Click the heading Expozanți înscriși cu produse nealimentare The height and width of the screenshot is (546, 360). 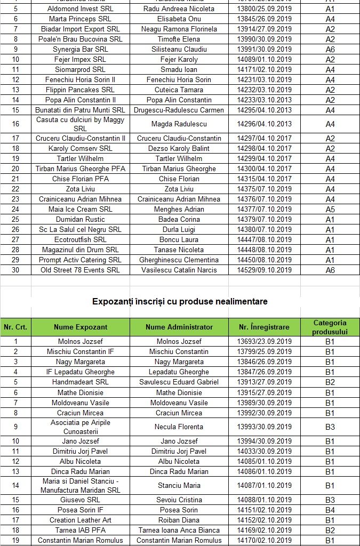(180, 301)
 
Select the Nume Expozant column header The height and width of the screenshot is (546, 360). (81, 327)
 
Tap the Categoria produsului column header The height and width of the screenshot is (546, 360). (330, 327)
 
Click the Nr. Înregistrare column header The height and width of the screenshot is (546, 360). (264, 327)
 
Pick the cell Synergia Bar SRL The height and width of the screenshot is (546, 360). (81, 49)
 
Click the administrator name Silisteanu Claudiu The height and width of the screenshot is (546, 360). (179, 49)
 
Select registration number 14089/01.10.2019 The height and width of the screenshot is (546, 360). (264, 59)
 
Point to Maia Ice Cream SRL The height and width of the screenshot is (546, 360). (81, 209)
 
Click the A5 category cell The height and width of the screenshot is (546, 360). (330, 209)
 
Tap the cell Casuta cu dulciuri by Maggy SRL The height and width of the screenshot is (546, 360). (81, 124)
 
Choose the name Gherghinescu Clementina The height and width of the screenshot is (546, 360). (179, 260)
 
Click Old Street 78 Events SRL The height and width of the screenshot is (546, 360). (81, 270)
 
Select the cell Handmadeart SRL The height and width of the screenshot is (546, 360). (81, 382)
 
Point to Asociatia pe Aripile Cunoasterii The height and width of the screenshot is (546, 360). (81, 427)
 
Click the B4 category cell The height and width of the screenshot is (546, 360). (330, 510)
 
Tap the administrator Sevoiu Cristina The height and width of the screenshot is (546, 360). (179, 500)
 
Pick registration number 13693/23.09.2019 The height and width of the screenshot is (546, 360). (264, 341)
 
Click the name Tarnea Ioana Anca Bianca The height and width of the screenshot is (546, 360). (179, 530)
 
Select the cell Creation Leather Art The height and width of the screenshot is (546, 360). (81, 520)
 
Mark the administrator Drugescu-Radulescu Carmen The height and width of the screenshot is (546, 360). (179, 110)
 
